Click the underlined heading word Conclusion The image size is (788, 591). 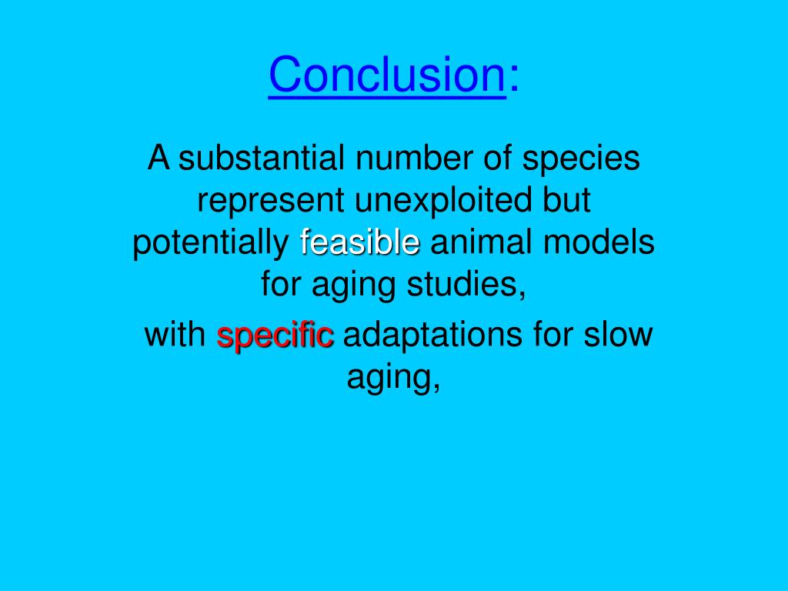click(x=387, y=75)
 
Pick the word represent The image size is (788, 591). click(x=272, y=202)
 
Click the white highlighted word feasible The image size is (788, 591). click(x=360, y=243)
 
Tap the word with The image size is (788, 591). click(x=175, y=336)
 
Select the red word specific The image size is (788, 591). click(x=275, y=336)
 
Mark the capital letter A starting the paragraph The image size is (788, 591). click(x=159, y=159)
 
